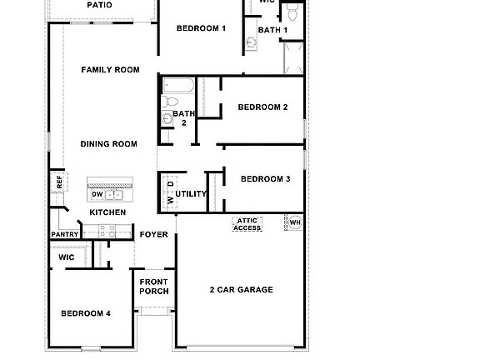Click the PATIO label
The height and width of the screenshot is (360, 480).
[99, 5]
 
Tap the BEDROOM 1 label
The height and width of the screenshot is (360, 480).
[201, 28]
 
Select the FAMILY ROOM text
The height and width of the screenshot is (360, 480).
[110, 70]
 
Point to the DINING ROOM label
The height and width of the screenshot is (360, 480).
[108, 144]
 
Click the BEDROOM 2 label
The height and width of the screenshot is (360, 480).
[262, 107]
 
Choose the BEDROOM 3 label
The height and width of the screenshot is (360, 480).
[265, 179]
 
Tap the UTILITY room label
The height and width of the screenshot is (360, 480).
[191, 194]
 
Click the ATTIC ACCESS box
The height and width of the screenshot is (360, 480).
[247, 224]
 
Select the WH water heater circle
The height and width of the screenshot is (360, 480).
[294, 222]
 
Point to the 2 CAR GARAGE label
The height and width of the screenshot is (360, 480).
[241, 290]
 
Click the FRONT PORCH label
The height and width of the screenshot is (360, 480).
[154, 287]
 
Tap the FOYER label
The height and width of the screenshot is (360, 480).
[153, 235]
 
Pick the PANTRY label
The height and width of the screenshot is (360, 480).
[65, 235]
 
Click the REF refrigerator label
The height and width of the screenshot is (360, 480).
[59, 180]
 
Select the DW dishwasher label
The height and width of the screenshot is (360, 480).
[97, 195]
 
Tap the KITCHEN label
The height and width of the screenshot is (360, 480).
[107, 212]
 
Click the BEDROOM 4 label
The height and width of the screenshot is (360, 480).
[86, 313]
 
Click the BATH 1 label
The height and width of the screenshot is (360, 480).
[272, 31]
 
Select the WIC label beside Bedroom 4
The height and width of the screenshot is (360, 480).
[67, 258]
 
